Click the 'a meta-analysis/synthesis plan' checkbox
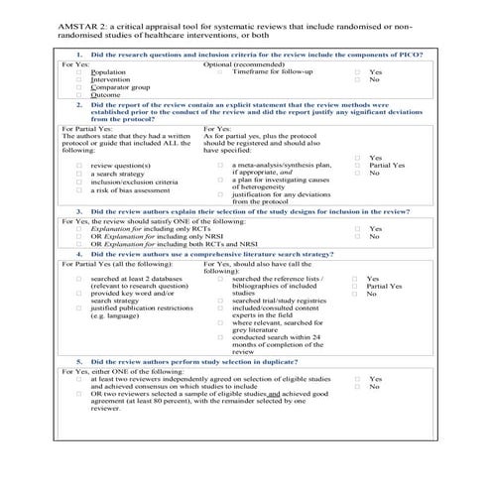tap(220, 165)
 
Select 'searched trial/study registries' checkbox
tap(220, 303)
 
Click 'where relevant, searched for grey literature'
tap(220, 322)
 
